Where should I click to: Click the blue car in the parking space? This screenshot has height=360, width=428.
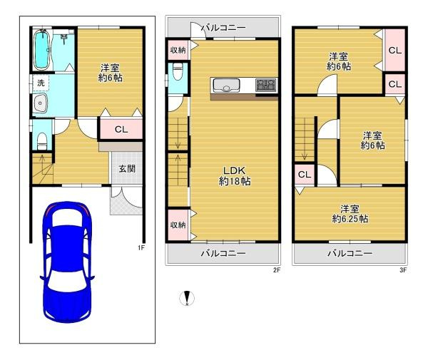65,262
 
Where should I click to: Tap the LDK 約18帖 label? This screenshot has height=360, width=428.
234,175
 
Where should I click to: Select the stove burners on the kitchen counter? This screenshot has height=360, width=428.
265,86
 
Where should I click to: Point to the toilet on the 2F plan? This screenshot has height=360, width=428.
178,71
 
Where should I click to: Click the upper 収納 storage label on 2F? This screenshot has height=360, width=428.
178,49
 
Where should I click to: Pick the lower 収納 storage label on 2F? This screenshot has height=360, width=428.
178,225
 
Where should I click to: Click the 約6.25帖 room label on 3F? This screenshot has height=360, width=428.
349,214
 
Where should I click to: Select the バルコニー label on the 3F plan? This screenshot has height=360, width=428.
350,253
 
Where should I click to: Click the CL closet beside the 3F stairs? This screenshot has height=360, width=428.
303,175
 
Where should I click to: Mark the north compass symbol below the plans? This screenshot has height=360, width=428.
188,299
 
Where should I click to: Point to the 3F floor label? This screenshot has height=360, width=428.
402,270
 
